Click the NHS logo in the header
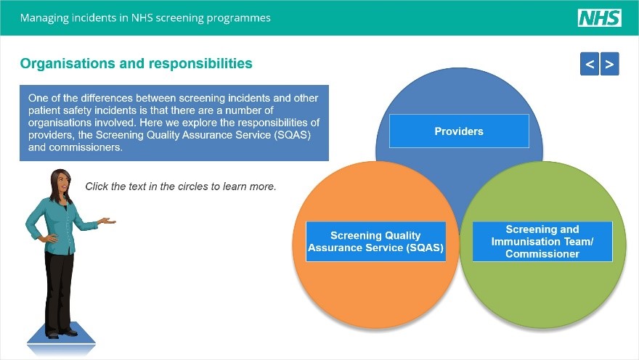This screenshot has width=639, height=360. click(x=599, y=18)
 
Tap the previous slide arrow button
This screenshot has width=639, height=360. click(x=590, y=65)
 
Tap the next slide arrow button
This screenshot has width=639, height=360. click(x=610, y=65)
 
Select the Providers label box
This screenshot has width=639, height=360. click(x=459, y=131)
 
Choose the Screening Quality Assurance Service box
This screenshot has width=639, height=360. click(x=375, y=242)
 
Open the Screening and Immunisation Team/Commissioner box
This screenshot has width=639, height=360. click(x=542, y=242)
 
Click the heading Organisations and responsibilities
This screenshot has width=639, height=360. click(x=137, y=64)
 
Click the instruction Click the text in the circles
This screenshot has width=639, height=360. click(x=181, y=187)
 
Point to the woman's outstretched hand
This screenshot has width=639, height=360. click(x=107, y=221)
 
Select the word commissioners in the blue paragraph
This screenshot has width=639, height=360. click(x=86, y=147)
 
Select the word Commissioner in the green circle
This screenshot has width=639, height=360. click(x=542, y=254)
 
